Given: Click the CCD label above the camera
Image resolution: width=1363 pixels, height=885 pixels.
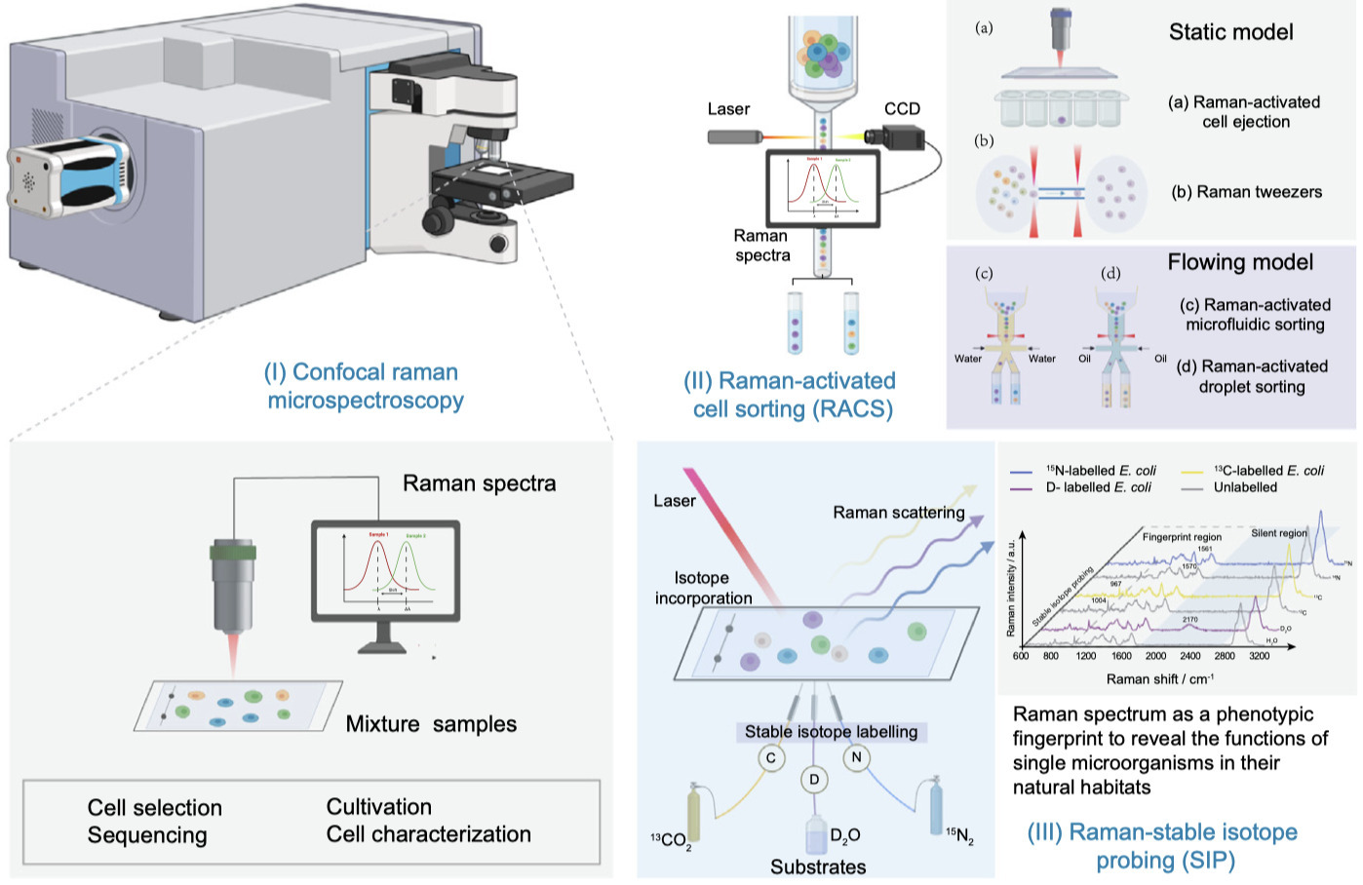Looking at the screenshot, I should point(902,108).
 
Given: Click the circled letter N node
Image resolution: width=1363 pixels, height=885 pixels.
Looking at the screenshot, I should point(856,757).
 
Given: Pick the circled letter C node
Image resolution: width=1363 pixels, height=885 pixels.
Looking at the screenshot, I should point(771,757).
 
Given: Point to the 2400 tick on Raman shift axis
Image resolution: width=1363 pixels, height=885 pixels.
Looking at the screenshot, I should point(1189,656).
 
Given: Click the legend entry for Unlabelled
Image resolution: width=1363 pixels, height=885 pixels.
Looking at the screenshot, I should point(1245,487).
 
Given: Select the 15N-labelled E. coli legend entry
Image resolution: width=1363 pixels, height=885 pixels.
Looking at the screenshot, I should point(1101,470).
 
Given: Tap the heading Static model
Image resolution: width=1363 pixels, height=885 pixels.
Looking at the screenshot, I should point(1230,32).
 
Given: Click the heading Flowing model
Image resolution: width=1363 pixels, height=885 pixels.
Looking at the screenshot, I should point(1240,262).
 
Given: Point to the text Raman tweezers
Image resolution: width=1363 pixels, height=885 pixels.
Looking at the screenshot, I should point(1247,192).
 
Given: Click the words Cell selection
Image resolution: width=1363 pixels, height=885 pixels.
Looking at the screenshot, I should point(155,808).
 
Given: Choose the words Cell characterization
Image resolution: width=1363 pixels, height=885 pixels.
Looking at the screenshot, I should point(428,834).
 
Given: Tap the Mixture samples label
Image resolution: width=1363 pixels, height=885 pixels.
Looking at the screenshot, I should point(431,724).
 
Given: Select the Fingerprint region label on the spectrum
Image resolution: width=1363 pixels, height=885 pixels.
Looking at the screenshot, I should point(1182,537).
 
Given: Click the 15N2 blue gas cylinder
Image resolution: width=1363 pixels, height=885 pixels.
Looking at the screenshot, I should point(936,803).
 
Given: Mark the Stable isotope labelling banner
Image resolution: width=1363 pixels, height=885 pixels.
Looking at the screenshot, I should point(831,731).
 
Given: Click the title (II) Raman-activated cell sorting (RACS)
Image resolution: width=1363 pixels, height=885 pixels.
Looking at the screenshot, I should point(789,395).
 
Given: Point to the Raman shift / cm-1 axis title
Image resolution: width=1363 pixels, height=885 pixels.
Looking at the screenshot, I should point(1159,679).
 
